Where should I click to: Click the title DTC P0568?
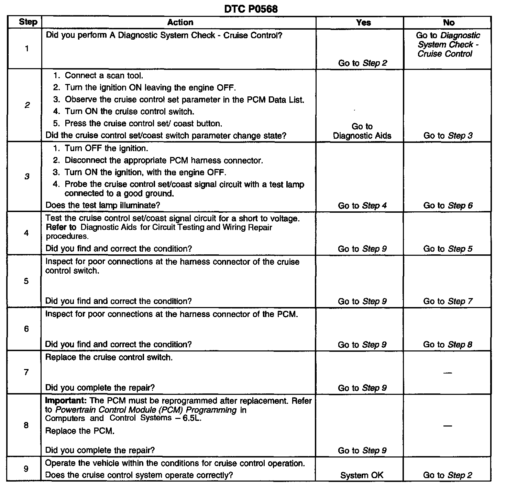[251, 9]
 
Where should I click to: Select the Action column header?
[180, 22]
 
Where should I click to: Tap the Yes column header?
[363, 23]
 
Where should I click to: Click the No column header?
[449, 23]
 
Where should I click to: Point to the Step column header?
[28, 22]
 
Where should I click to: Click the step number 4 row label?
[26, 233]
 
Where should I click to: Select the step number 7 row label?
[26, 372]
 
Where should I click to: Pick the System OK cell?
[362, 475]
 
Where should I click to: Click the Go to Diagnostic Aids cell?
[362, 131]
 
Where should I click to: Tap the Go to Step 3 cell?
[448, 136]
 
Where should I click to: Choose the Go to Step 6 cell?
[448, 206]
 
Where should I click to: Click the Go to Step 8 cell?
[448, 345]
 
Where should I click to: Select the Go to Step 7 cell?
[448, 301]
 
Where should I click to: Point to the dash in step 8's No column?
[448, 426]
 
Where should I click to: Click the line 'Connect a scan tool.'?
[104, 75]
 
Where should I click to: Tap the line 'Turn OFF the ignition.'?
[106, 148]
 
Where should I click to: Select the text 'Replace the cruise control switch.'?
[109, 357]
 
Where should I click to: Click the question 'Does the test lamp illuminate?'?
[103, 205]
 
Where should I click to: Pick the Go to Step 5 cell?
[448, 249]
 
